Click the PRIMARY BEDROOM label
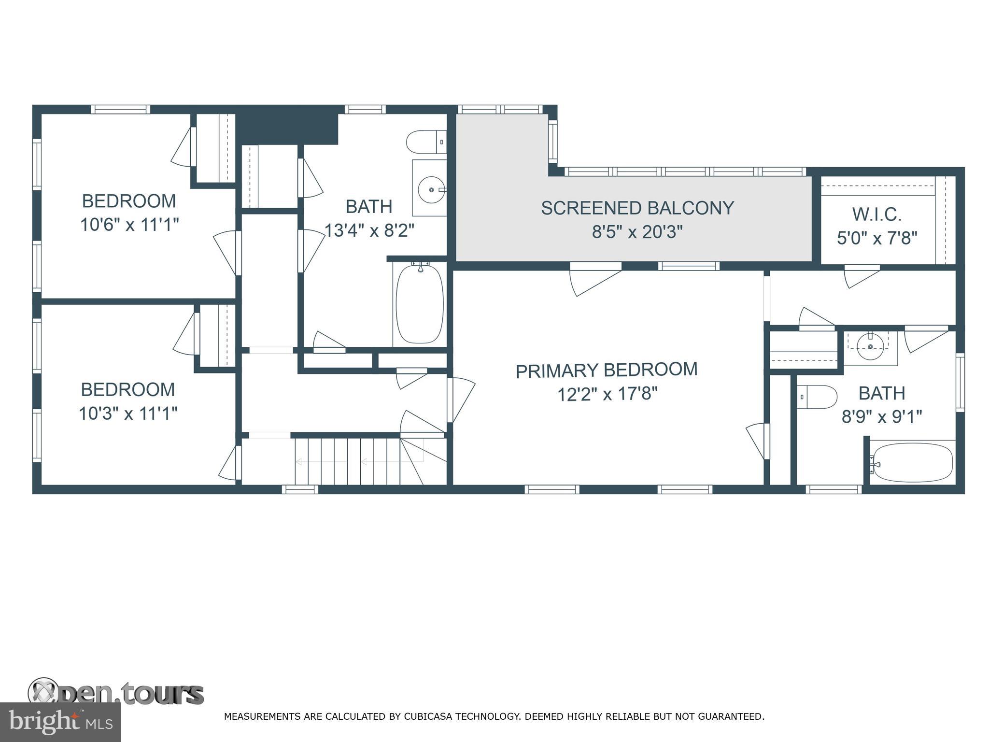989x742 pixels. pos(607,371)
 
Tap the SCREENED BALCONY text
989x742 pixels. pos(637,208)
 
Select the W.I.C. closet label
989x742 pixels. pos(876,214)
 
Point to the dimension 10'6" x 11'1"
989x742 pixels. pos(129,225)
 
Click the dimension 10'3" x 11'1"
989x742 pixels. pos(128,414)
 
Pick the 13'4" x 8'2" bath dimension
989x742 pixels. pos(369,231)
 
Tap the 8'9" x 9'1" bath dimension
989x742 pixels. pos(882,416)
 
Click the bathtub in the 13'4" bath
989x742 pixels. pos(419,303)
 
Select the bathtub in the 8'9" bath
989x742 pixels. pos(912,463)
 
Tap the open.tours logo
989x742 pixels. pos(116,694)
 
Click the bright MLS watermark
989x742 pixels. pos(60,722)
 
